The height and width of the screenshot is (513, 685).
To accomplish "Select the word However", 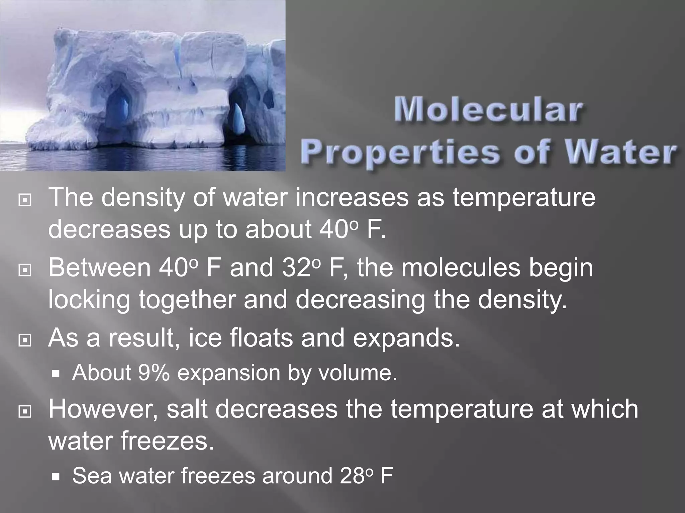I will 104,409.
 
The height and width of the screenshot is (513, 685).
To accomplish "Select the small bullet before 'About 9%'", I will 56,374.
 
